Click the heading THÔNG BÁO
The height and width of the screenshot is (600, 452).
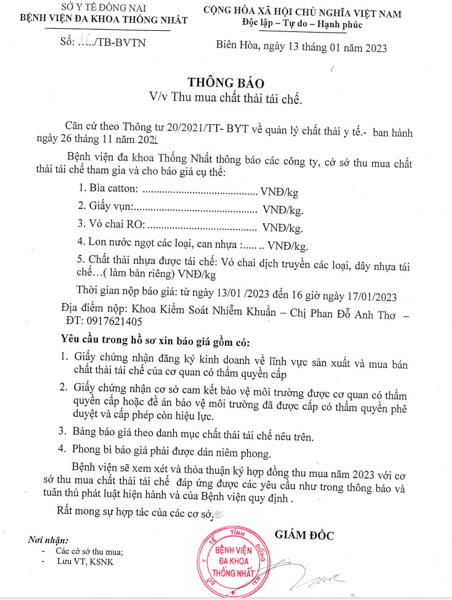tap(226, 82)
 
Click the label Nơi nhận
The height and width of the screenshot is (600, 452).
tap(48, 540)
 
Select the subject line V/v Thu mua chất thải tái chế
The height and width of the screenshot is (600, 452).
tap(225, 97)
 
